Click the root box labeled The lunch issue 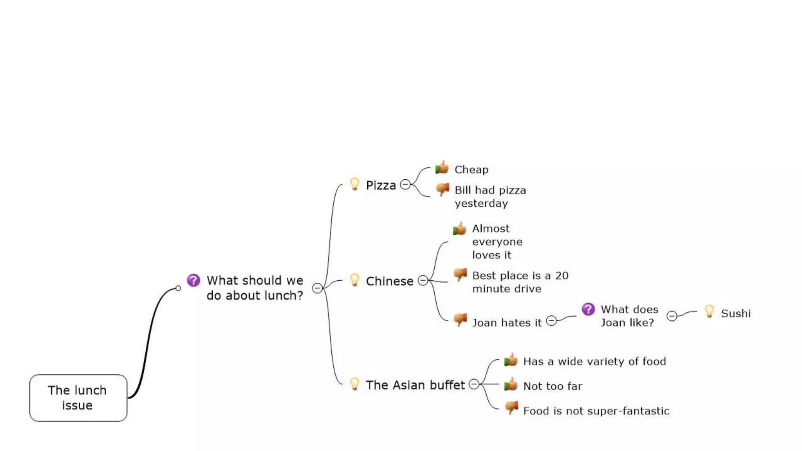[78, 398]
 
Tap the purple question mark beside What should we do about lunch [193, 280]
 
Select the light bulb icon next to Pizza [354, 184]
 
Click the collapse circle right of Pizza [405, 184]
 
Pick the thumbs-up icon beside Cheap [442, 168]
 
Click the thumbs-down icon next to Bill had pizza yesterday [443, 189]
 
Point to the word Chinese [389, 281]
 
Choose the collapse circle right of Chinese [423, 280]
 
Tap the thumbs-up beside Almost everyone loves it [460, 229]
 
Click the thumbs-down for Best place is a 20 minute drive [460, 274]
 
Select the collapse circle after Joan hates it [551, 321]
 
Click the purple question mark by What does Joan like [588, 309]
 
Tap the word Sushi [736, 314]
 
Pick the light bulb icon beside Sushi [709, 312]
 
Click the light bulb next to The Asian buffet [354, 384]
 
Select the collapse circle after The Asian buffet [474, 384]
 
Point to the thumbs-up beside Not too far [511, 385]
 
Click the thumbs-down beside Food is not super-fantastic [511, 408]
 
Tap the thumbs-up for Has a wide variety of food [511, 360]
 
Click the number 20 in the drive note [562, 276]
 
